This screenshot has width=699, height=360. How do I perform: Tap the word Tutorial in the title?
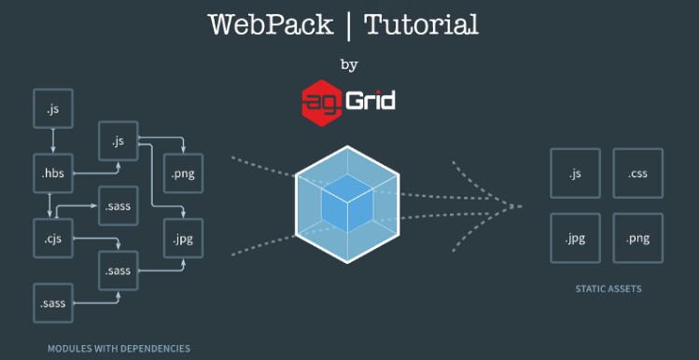click(421, 24)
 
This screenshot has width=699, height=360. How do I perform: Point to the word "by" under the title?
click(349, 65)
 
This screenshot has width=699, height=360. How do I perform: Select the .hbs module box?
click(51, 173)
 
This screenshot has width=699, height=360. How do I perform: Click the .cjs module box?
click(51, 238)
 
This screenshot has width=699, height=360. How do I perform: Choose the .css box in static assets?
click(638, 173)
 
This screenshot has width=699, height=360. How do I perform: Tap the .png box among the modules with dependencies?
click(183, 173)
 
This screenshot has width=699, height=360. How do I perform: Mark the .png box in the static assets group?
click(638, 238)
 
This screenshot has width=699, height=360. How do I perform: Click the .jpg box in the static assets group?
click(575, 238)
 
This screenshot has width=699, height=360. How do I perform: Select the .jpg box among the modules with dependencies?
click(183, 238)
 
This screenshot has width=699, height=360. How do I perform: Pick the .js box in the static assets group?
click(575, 173)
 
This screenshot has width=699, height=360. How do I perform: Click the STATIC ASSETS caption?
click(608, 289)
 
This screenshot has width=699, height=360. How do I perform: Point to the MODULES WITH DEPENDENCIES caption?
click(119, 349)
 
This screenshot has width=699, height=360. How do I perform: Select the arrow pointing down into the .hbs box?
click(52, 140)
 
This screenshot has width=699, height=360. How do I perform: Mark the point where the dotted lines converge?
click(516, 205)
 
